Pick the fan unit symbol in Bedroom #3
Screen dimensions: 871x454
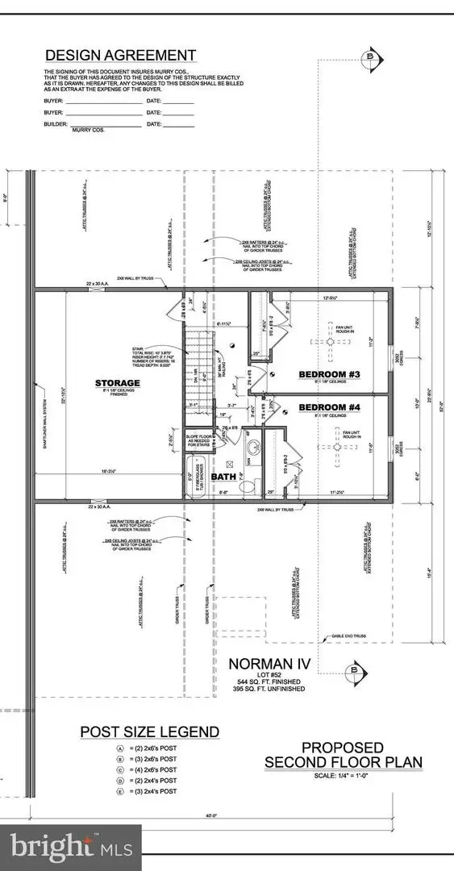tap(330, 342)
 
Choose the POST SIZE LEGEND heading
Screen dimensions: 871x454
tap(149, 732)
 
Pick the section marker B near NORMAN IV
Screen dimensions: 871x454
tap(352, 669)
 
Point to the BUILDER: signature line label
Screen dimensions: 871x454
tap(56, 126)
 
